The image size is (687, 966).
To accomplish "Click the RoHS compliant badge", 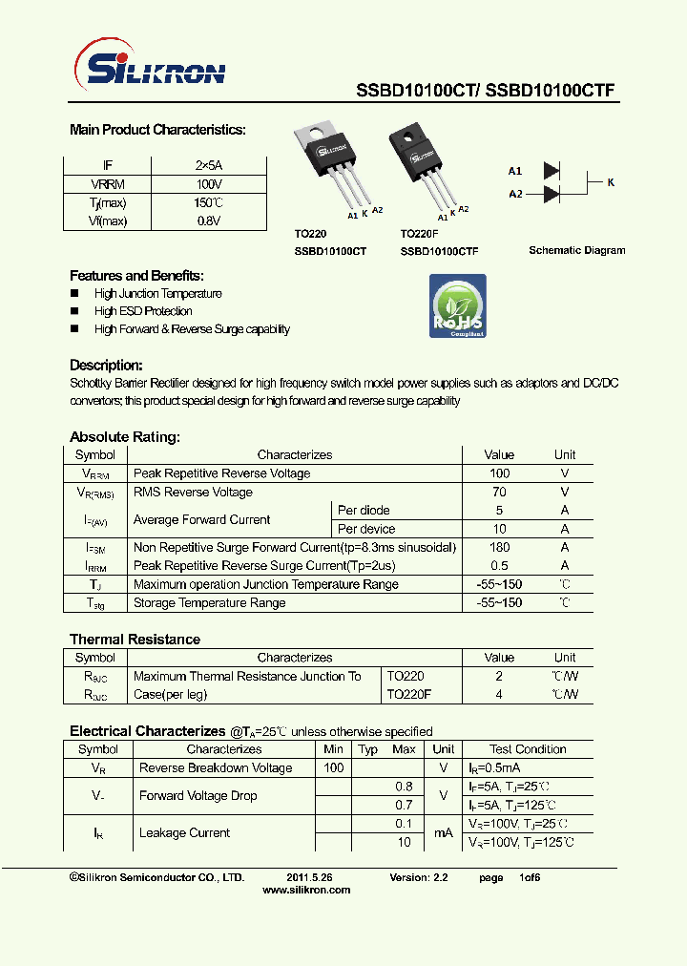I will tap(457, 306).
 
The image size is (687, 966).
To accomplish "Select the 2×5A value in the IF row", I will tap(208, 165).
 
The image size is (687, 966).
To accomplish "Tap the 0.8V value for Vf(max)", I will tap(208, 220).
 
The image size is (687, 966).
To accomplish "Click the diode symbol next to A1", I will tap(551, 171).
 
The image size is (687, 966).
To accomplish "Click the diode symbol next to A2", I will tap(551, 194).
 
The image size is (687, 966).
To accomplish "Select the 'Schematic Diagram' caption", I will tap(577, 250).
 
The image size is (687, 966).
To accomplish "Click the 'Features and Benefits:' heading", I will tap(136, 275).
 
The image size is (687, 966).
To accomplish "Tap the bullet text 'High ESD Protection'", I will tap(143, 311).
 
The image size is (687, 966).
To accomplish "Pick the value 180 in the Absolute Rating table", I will tap(498, 547).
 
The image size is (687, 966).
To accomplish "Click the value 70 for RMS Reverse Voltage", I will tap(498, 492).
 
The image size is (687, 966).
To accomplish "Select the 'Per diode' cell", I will tap(364, 510).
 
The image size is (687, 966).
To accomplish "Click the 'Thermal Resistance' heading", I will tap(135, 639).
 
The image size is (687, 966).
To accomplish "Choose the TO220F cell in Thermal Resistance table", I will tap(409, 694).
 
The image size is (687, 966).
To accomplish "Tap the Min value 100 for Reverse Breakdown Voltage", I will tap(333, 767).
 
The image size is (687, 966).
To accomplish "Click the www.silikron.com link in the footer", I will tap(305, 890).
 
